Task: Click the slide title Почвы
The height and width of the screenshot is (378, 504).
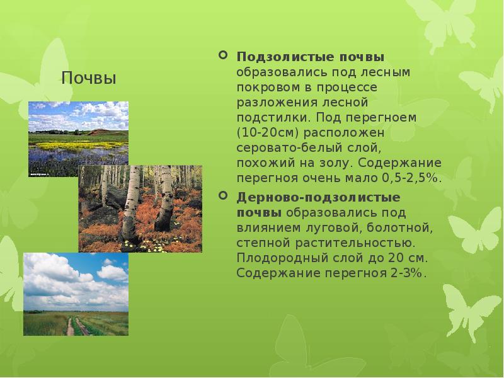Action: click(89, 79)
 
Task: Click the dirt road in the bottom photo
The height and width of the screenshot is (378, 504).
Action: click(71, 326)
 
